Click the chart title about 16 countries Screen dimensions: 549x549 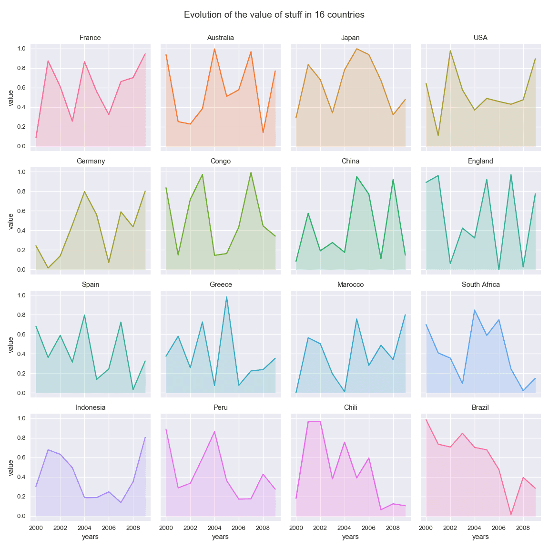click(x=274, y=15)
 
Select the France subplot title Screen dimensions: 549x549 click(x=90, y=38)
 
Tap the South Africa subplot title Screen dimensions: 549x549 click(x=480, y=285)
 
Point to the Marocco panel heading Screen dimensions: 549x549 click(x=350, y=285)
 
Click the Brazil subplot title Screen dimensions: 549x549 click(x=480, y=407)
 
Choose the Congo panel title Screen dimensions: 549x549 click(x=220, y=161)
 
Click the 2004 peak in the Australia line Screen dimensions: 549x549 click(x=214, y=49)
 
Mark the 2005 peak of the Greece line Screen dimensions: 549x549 click(x=227, y=297)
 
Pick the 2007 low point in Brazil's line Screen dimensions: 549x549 click(x=511, y=515)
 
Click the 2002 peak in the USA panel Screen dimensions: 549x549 click(x=450, y=51)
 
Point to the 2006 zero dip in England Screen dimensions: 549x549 click(x=499, y=270)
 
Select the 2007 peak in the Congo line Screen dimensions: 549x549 click(x=251, y=173)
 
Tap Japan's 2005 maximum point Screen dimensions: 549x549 click(x=356, y=49)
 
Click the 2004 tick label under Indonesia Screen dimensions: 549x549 click(x=84, y=528)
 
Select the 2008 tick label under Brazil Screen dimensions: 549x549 click(x=523, y=528)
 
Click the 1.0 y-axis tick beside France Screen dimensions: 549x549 click(x=21, y=49)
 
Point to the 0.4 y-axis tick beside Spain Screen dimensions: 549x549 click(x=21, y=354)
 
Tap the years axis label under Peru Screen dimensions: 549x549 click(x=220, y=537)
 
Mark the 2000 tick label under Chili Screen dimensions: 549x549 click(x=296, y=528)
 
